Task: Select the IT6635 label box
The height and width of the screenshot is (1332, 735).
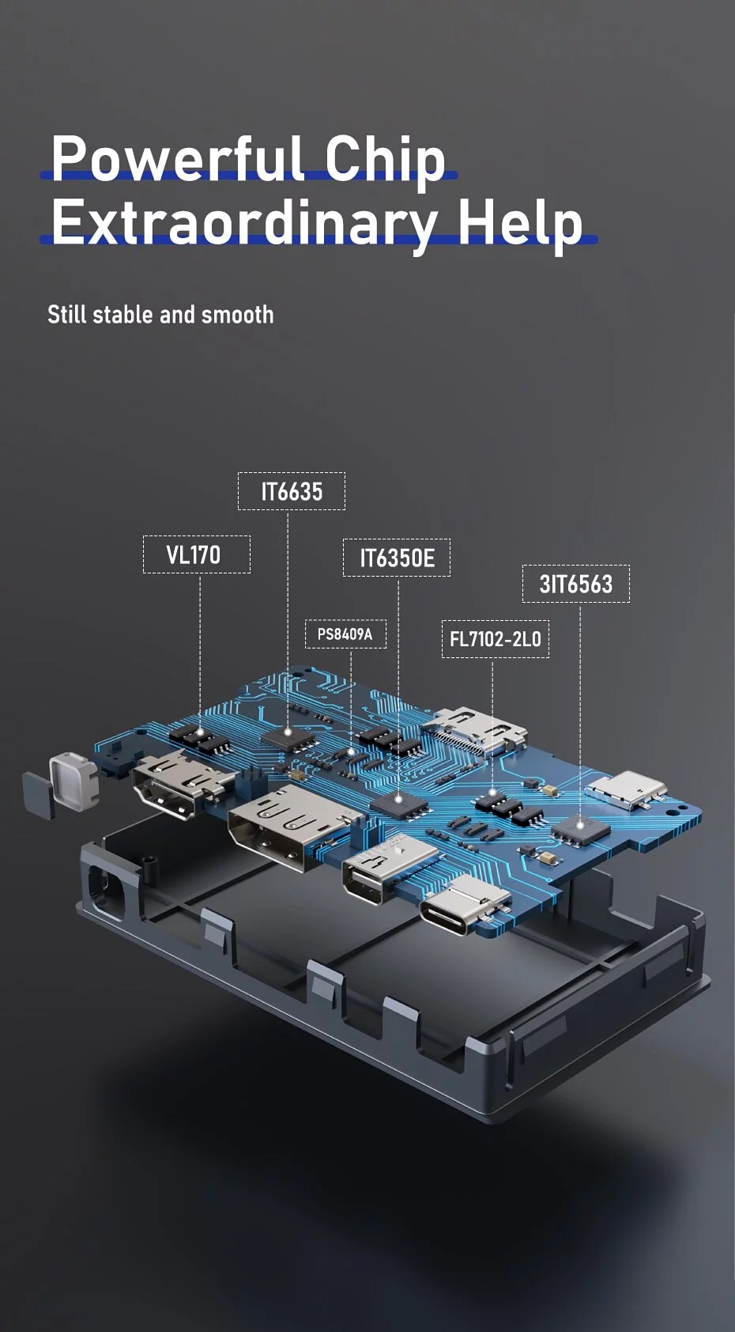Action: [x=292, y=491]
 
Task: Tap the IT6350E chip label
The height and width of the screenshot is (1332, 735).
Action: [x=397, y=558]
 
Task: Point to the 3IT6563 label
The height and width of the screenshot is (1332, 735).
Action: [x=575, y=584]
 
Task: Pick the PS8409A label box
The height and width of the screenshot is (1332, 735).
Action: [x=345, y=634]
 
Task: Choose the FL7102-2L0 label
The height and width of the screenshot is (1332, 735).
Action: [x=495, y=639]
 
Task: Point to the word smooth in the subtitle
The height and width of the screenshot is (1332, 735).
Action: [x=237, y=315]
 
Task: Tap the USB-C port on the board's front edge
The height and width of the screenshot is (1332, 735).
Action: [x=465, y=911]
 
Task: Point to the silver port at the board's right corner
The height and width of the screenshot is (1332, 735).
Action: [x=627, y=789]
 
